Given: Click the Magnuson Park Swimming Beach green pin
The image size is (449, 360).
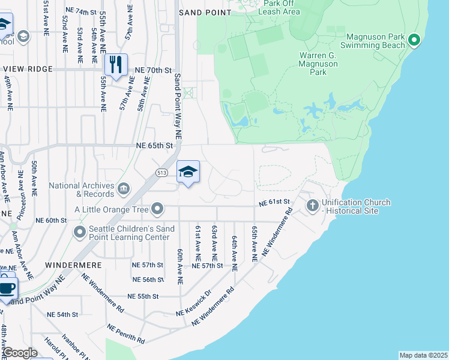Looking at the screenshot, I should [x=414, y=41].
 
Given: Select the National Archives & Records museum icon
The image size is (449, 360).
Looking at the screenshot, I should [x=123, y=190].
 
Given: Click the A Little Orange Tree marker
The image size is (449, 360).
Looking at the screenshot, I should [x=158, y=209].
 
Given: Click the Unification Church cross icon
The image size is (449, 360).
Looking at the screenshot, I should [x=312, y=206].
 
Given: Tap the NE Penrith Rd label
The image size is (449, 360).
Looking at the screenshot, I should [x=126, y=334].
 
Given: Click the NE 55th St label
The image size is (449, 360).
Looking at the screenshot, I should [x=143, y=296].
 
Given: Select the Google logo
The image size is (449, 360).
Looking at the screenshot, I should [x=20, y=353].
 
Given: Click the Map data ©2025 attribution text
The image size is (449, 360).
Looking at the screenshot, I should [x=423, y=355].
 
